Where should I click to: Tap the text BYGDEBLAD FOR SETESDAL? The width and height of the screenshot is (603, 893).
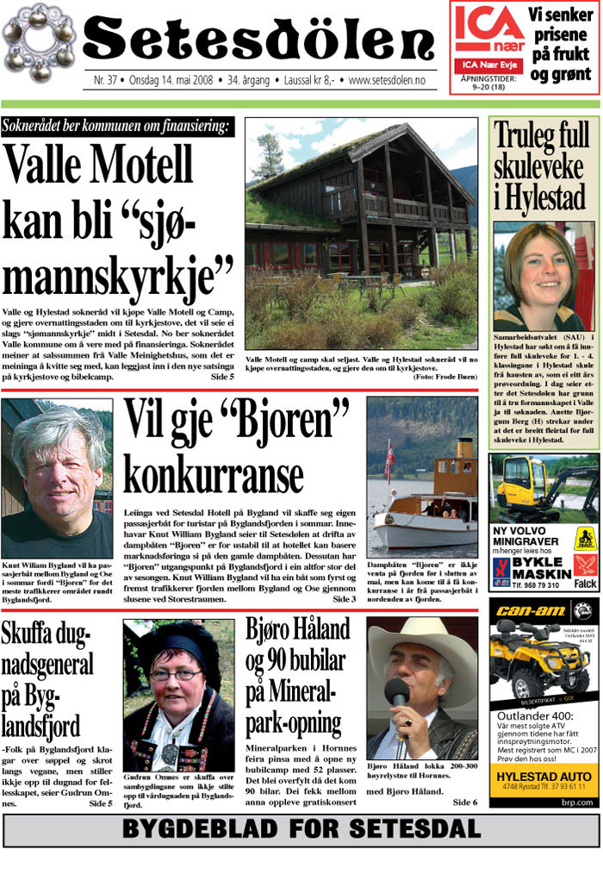pos(301,829)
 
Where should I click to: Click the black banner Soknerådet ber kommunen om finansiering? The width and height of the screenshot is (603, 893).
pos(117,127)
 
